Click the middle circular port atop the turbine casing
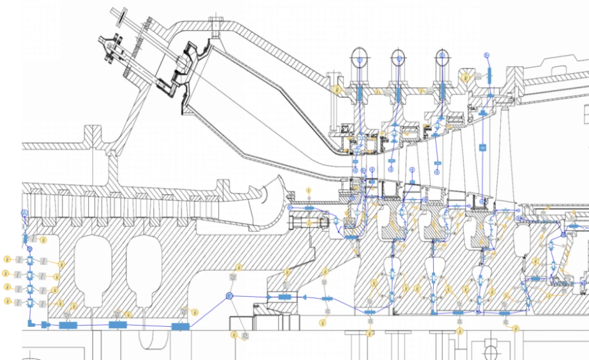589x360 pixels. coord(398,57)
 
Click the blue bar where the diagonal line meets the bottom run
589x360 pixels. coord(181,327)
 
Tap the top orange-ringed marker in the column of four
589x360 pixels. coord(7,260)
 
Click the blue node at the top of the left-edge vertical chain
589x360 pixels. coord(24,213)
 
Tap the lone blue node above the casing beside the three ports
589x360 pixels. coord(486,56)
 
